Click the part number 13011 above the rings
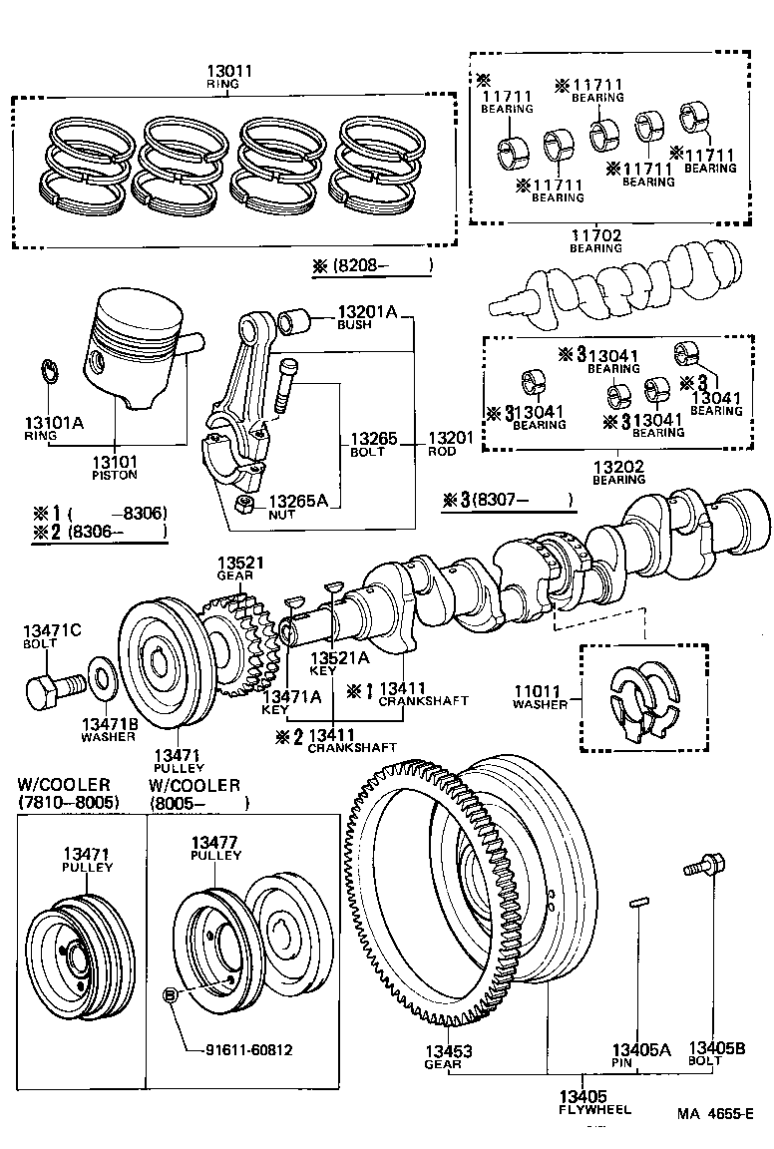point(229,71)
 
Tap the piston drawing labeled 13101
point(139,349)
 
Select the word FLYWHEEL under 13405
point(594,1109)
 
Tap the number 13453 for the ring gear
point(448,1051)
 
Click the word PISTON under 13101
point(115,475)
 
